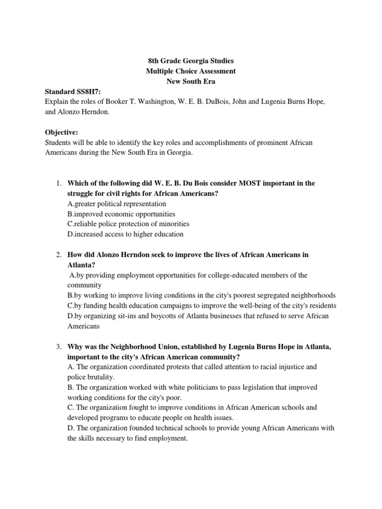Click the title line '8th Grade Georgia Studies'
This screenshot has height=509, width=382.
coord(191,61)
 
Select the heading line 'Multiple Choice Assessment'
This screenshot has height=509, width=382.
coord(191,71)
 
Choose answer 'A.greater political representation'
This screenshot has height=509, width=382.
coord(117,204)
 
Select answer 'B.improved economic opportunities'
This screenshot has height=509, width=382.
coord(121,214)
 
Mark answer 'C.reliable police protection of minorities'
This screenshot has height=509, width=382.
coord(128,224)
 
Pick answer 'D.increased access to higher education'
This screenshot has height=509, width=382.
coord(125,234)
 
